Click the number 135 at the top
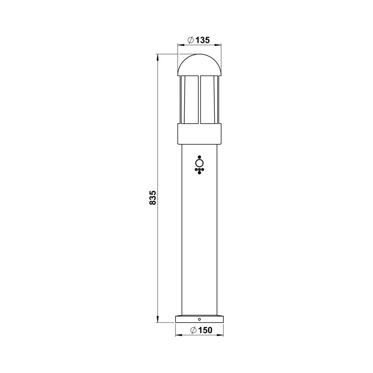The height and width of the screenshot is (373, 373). [202, 40]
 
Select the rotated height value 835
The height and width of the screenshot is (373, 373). [153, 197]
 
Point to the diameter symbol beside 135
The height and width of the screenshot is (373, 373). [191, 40]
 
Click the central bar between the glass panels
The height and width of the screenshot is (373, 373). [199, 100]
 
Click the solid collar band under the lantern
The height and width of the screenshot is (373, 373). [199, 134]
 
